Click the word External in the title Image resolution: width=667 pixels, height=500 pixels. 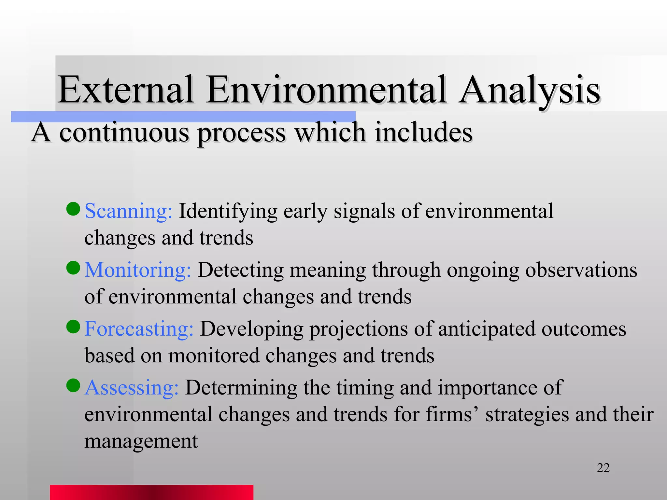coord(125,90)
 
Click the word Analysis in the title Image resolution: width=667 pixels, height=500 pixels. coord(529,90)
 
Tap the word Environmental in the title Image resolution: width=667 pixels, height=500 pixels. coord(326,90)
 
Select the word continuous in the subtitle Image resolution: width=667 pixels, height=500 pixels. coord(124,133)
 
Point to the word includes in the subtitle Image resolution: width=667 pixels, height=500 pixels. coord(423,133)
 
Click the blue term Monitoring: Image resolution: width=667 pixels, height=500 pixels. coord(137,270)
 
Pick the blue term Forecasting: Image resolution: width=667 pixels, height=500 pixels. coord(139,329)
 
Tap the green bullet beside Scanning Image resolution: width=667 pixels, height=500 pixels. coord(73,209)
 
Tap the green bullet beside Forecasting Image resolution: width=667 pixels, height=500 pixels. coord(73,326)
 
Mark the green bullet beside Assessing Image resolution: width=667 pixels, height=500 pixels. coord(73,385)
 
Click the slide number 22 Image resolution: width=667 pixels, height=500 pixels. coord(603,468)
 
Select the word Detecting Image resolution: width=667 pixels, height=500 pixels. coord(241,270)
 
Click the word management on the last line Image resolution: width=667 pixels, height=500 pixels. coord(141,441)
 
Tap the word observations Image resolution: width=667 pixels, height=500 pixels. coord(581,270)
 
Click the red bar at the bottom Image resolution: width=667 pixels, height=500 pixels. coord(151,492)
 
